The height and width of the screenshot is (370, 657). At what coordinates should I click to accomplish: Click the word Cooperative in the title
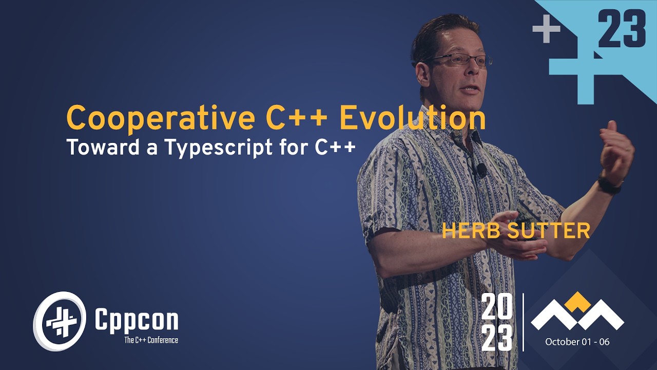tap(161, 118)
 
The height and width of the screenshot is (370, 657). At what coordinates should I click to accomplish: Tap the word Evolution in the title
tap(412, 118)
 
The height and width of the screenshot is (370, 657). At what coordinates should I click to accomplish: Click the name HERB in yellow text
tap(468, 231)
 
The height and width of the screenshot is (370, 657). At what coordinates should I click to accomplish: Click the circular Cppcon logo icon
tap(60, 321)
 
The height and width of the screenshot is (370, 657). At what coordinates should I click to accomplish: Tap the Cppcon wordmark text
tap(137, 320)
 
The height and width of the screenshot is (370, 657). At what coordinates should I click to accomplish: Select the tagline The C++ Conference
tap(151, 340)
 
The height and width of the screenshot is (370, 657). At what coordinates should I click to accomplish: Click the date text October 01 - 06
tap(577, 342)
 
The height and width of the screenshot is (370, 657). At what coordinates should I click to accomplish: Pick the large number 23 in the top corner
tap(622, 30)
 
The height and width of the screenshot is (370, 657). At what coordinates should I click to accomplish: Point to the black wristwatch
tap(609, 185)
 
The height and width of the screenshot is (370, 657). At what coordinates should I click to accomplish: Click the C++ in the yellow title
tap(296, 118)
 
